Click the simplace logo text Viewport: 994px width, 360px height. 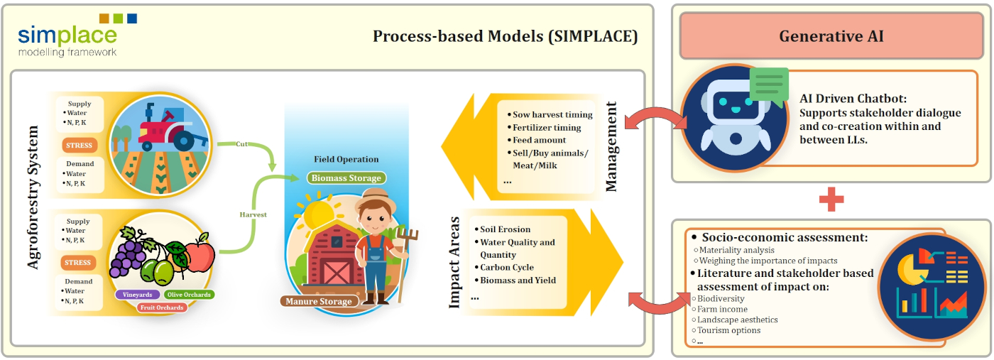point(67,36)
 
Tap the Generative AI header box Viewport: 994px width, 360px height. point(831,36)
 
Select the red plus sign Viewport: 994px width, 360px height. point(831,200)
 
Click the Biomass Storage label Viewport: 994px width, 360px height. point(347,178)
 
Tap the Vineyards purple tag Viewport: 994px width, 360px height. point(136,294)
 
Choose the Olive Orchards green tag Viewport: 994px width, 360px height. point(188,294)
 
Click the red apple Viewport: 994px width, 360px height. point(200,256)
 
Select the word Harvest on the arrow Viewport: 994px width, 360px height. point(253,214)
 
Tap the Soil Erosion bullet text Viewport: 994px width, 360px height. point(506,229)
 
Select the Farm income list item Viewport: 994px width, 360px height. point(723,309)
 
